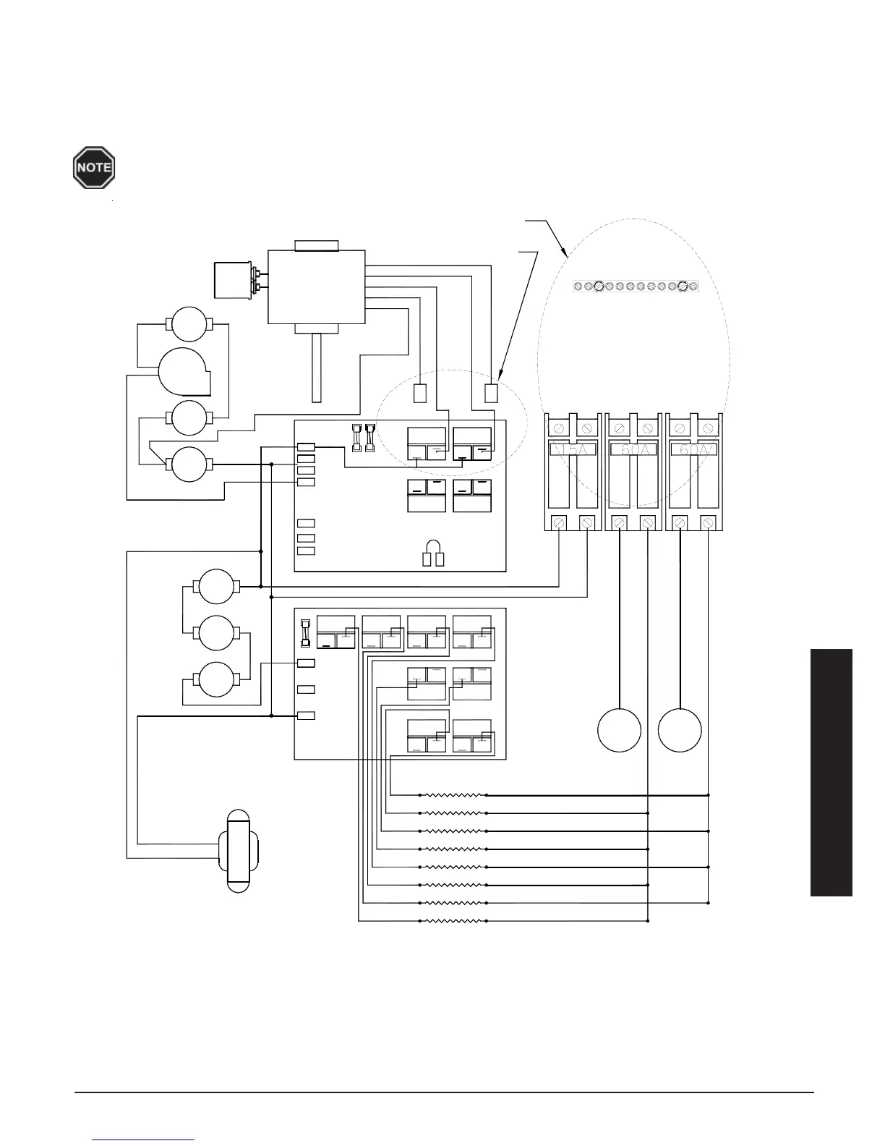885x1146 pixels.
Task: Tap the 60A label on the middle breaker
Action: point(633,451)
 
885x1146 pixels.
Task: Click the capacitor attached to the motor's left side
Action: point(236,282)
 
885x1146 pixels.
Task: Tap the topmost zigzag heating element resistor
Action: point(453,794)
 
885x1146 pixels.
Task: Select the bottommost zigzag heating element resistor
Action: point(453,921)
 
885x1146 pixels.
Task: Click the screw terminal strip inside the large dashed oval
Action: point(635,286)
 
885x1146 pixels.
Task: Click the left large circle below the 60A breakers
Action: point(619,730)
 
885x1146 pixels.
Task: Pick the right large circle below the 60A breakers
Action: point(680,730)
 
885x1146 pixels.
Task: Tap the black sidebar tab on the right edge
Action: point(831,773)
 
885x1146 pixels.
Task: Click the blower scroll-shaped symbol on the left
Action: point(184,371)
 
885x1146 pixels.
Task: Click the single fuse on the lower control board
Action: point(304,632)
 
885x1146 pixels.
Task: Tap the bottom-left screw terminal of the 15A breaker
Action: point(559,522)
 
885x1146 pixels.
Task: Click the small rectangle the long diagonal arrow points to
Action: point(492,393)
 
